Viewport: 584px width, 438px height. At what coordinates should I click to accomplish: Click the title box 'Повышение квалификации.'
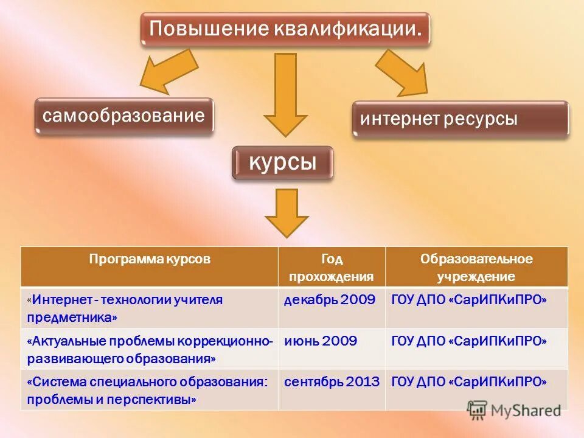(x=285, y=29)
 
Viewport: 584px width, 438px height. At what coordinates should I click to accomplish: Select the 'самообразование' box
(x=124, y=116)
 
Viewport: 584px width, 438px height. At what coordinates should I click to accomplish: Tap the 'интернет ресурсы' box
(x=461, y=119)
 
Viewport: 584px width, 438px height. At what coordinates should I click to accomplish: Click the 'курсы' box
(x=283, y=163)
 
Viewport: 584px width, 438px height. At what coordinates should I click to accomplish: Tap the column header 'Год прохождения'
(x=332, y=267)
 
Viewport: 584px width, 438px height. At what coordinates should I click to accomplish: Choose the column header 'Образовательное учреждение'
(x=476, y=267)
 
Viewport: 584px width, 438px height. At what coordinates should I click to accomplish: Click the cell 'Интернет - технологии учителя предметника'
(x=150, y=308)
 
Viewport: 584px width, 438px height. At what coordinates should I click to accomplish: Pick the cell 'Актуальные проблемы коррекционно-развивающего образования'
(x=150, y=349)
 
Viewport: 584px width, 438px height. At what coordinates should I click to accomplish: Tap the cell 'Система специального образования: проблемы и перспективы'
(x=150, y=389)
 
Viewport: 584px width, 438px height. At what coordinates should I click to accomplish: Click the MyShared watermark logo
(x=515, y=409)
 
